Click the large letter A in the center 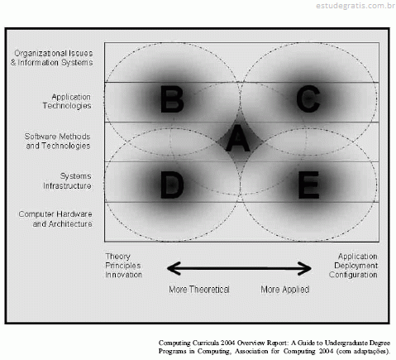pos(238,138)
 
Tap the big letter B pos(172,99)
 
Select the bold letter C pos(308,98)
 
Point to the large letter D pos(172,185)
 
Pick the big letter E pos(308,185)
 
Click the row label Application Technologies pos(67,101)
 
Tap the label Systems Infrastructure pos(67,181)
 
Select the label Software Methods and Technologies pos(58,141)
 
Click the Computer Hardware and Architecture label pos(55,219)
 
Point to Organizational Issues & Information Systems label pos(52,58)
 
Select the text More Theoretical pos(199,290)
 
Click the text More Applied pos(285,290)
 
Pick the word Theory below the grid pos(117,257)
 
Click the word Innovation pos(124,275)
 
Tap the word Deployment pos(355,266)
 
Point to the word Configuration pos(353,275)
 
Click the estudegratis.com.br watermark pos(355,6)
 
